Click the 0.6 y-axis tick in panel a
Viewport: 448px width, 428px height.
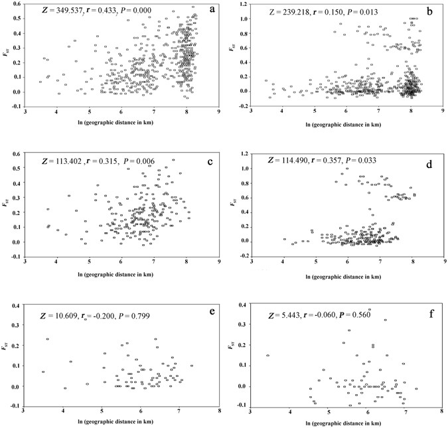point(17,5)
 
